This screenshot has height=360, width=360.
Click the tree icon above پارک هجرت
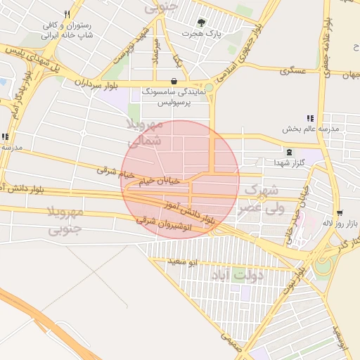click(202, 22)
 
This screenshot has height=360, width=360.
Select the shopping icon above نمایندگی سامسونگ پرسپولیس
click(174, 80)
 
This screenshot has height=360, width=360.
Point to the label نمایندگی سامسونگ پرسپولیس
click(174, 97)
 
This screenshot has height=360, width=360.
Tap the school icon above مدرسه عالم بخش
click(309, 118)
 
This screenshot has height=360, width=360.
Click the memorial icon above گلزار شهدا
click(289, 151)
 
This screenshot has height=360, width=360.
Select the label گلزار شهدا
click(288, 162)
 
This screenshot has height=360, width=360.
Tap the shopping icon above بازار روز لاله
click(340, 212)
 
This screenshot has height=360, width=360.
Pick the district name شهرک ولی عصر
click(259, 199)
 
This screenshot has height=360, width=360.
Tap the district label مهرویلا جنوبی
click(64, 221)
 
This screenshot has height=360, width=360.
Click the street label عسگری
click(294, 71)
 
